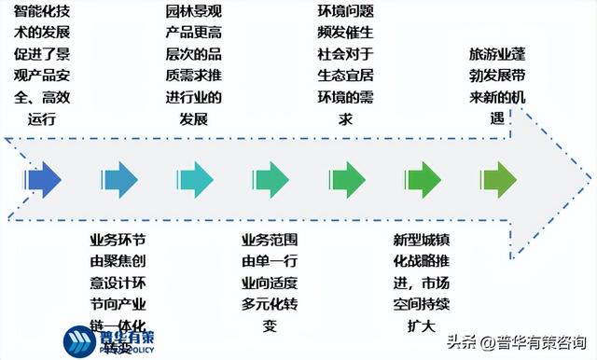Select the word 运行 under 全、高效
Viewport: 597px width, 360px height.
click(43, 118)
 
